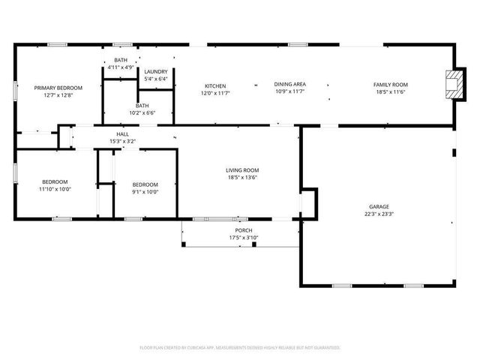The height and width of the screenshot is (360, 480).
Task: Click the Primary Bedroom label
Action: (58, 88)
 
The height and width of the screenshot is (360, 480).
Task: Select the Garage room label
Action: (379, 206)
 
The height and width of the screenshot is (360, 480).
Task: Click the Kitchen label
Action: (214, 85)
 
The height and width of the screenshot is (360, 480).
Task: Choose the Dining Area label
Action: (289, 85)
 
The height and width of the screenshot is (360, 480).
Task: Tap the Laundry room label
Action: (156, 71)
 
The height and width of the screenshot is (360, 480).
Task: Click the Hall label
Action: (122, 133)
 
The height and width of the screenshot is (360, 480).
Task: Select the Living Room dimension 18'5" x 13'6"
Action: (242, 178)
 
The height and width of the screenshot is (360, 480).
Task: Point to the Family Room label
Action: (390, 85)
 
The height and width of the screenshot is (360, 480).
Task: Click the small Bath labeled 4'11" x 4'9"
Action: (121, 67)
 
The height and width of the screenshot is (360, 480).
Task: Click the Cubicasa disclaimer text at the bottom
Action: (240, 347)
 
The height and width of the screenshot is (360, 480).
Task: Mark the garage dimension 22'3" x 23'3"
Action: (379, 214)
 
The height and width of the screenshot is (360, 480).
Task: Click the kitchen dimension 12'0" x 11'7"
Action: (214, 93)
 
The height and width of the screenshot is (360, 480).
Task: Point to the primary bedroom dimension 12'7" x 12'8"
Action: (58, 95)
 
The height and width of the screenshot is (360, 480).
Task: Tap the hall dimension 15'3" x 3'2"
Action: (122, 140)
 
